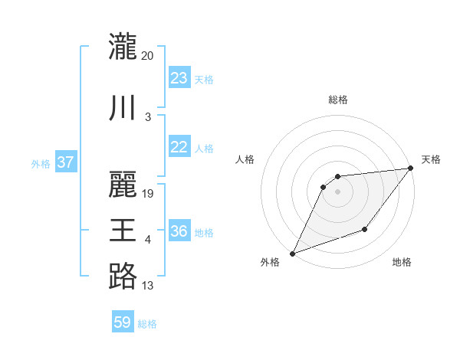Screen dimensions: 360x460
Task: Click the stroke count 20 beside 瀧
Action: click(148, 56)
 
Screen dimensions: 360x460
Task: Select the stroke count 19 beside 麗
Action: click(148, 194)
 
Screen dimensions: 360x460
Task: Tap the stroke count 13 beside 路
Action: click(148, 286)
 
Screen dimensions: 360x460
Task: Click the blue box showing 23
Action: click(179, 78)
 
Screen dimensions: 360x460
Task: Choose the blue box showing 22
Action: click(179, 148)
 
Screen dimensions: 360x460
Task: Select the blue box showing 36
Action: click(179, 232)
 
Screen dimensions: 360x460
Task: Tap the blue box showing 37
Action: click(65, 162)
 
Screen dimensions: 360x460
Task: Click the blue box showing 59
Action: click(122, 322)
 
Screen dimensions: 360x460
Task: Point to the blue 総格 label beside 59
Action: click(148, 324)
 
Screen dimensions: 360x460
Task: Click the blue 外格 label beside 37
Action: click(40, 163)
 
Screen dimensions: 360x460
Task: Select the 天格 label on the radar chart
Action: click(431, 159)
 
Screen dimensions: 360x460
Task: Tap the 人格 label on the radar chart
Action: click(245, 159)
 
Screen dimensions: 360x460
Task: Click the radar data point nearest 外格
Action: click(292, 254)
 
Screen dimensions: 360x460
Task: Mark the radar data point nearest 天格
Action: click(411, 169)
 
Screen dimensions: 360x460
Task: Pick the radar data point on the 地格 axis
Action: click(365, 230)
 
